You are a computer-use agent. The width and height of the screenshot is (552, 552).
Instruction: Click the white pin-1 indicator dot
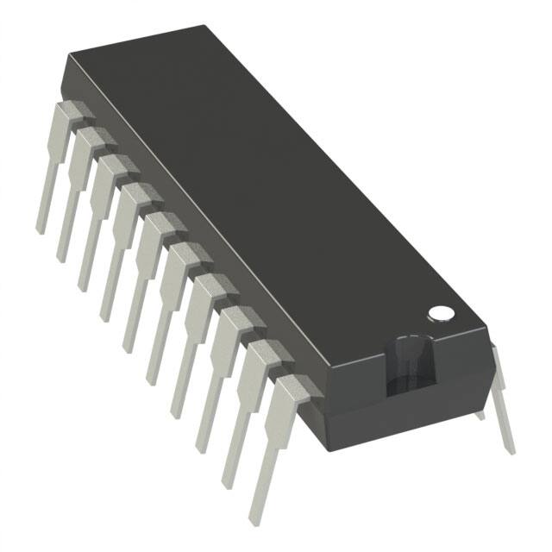pos(441,312)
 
